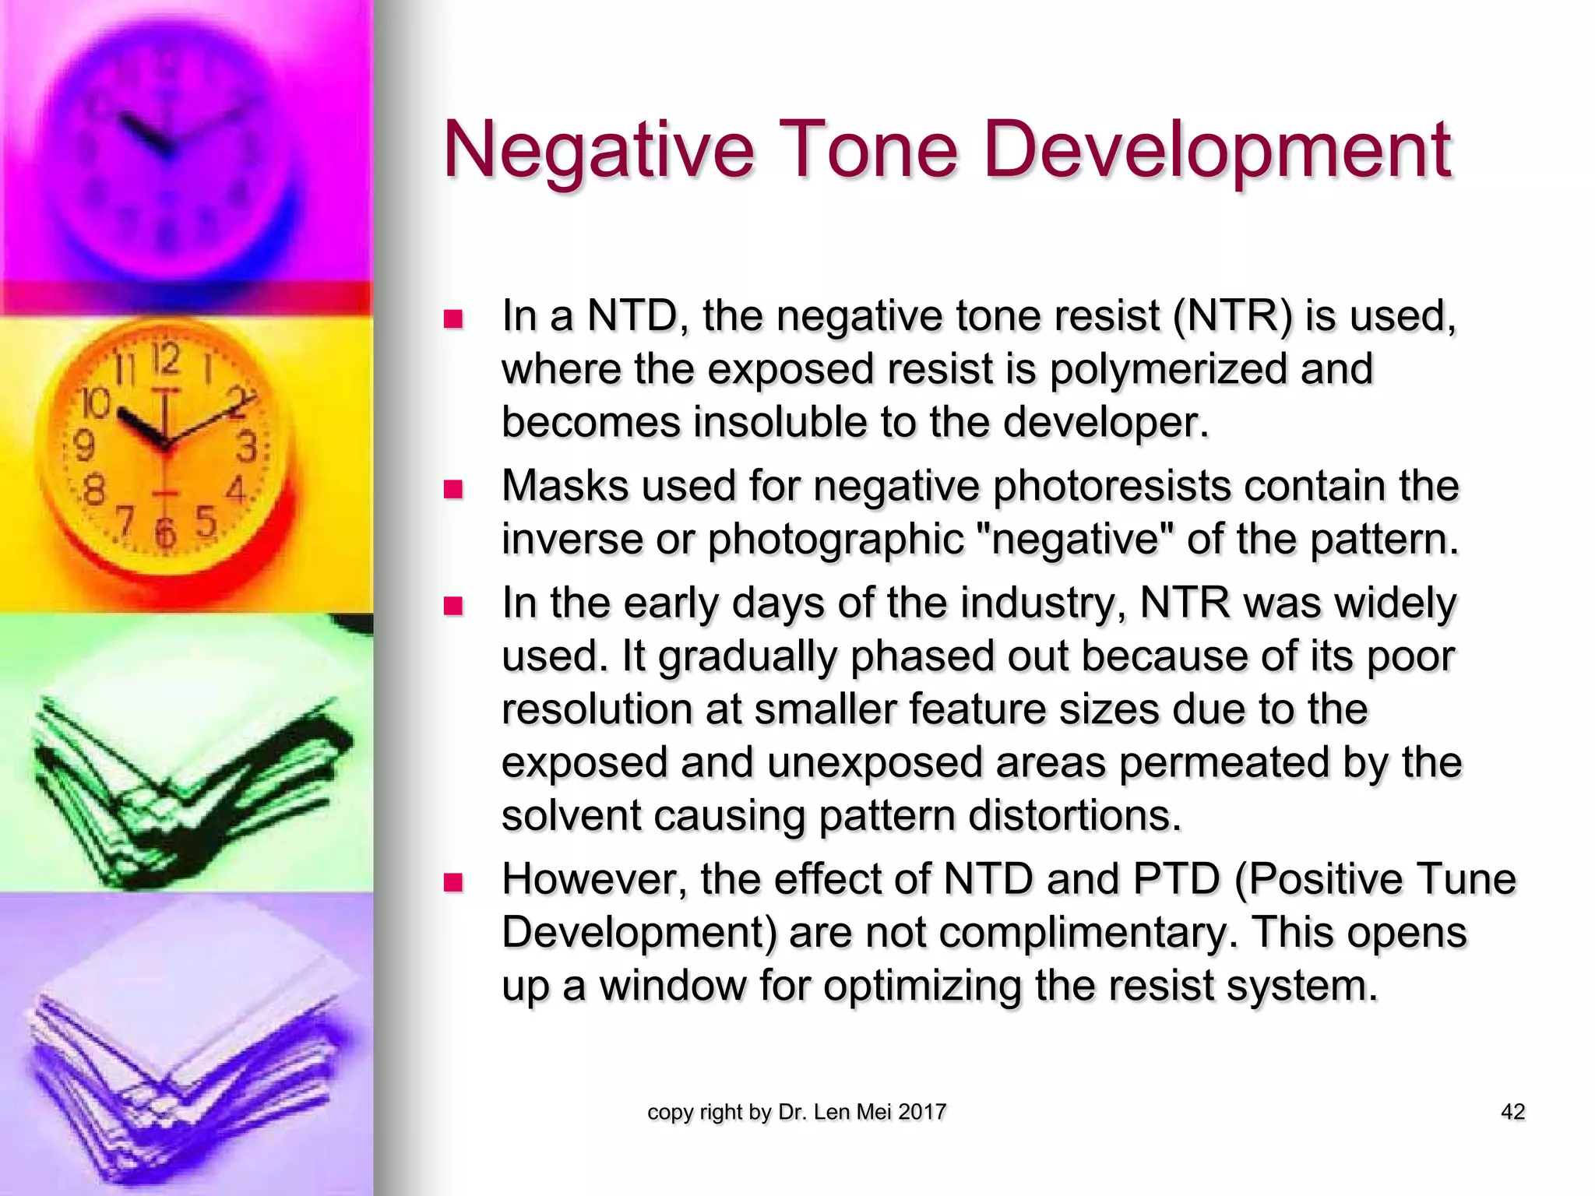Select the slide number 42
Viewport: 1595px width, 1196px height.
pos(1512,1112)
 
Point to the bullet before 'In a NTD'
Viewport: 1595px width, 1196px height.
pos(452,319)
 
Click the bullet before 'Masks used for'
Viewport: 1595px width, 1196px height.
pos(452,489)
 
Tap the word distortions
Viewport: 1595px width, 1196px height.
pos(1075,815)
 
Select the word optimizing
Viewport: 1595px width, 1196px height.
pos(922,986)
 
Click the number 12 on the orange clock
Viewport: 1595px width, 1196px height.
pos(166,360)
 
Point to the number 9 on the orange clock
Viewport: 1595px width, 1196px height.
pos(83,446)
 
